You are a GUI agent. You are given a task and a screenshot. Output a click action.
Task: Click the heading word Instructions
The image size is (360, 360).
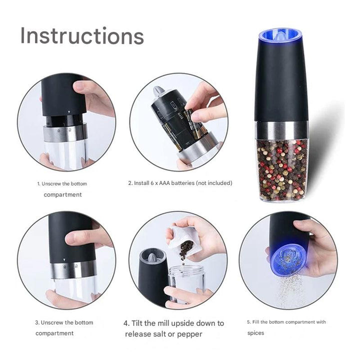click(x=82, y=35)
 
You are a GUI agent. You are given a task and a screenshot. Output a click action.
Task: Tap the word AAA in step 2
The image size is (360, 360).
click(x=164, y=183)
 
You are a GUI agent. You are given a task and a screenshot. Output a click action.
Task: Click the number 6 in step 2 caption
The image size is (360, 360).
click(x=152, y=183)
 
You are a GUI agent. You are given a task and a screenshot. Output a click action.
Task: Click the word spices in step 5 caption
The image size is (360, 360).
click(x=255, y=333)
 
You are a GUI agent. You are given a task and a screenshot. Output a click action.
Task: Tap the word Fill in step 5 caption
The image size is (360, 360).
click(x=255, y=322)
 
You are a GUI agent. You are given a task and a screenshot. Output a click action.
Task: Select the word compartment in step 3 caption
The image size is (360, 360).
click(x=54, y=333)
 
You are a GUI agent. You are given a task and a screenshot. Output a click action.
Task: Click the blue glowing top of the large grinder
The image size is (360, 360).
click(x=280, y=36)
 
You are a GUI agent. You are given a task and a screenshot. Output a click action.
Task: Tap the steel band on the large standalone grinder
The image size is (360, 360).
click(x=281, y=131)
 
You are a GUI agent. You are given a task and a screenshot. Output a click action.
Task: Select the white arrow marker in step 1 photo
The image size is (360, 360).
click(x=69, y=112)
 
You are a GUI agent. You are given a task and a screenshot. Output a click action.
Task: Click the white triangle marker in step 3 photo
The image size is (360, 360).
click(x=64, y=260)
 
